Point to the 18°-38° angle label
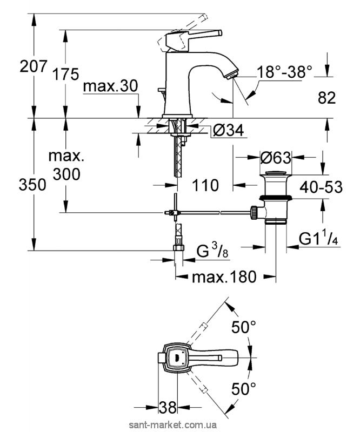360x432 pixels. point(285,71)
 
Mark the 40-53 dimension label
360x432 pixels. point(323,187)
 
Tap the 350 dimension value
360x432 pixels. point(18,185)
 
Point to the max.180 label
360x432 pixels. point(223,278)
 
